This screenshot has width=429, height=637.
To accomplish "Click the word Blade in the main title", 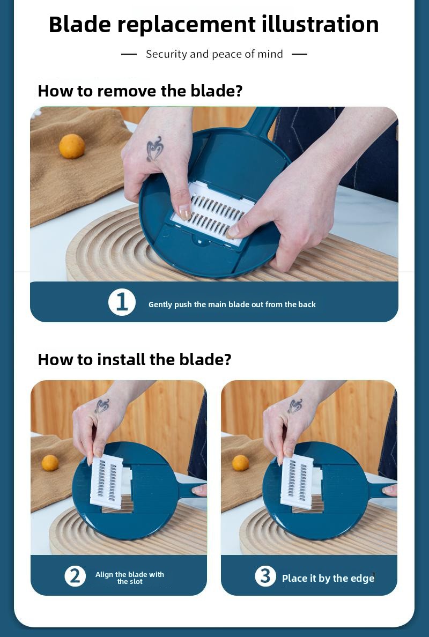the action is tap(79, 24).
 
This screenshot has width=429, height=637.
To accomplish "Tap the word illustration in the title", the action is tap(320, 24).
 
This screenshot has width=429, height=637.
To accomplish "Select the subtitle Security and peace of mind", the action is tap(214, 54).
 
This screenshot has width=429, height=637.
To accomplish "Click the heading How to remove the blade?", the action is tap(140, 91).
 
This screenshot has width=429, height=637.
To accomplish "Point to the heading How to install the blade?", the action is tap(135, 360).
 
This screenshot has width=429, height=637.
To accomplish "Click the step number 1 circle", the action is tap(122, 302).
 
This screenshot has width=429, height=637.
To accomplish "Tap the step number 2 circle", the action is tap(75, 576).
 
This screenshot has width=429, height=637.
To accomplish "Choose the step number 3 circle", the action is tap(265, 576).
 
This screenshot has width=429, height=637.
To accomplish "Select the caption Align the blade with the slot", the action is tap(130, 577).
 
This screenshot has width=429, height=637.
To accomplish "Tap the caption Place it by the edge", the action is tap(328, 579).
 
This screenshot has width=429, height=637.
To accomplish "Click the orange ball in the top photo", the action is tap(72, 146).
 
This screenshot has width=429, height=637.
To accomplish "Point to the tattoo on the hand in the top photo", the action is tap(155, 149).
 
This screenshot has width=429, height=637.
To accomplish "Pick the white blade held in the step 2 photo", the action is tap(106, 482).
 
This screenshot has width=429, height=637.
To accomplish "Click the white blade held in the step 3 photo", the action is tap(297, 482).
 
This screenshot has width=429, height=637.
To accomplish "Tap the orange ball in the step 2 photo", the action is tap(50, 463).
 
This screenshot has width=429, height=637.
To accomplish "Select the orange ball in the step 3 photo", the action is tap(240, 463).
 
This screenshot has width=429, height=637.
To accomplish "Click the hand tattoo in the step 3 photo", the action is tap(294, 406).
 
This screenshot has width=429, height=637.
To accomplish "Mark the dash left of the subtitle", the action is tap(129, 54).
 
